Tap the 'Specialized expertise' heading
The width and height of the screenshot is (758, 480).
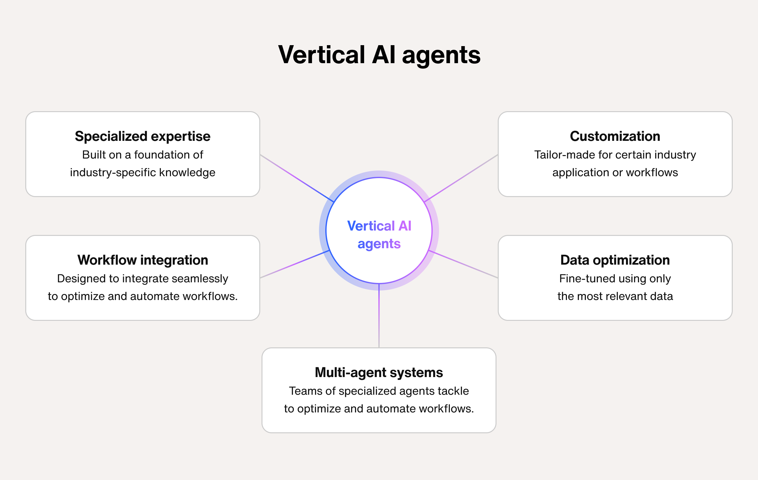(x=142, y=136)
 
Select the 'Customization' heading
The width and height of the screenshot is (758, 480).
(x=615, y=136)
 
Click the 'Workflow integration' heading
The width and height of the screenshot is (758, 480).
(x=142, y=260)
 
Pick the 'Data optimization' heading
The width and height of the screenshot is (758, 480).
(x=615, y=260)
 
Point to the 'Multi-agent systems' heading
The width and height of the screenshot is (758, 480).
(x=379, y=373)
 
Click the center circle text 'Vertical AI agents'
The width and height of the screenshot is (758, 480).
(x=379, y=235)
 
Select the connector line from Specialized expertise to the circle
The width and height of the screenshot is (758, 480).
(x=297, y=178)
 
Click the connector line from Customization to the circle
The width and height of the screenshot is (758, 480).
(x=461, y=178)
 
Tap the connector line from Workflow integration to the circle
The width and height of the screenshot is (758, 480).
(x=294, y=265)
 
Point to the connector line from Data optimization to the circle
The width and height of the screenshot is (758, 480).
(x=464, y=265)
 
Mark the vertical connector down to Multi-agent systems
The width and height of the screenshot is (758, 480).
(x=379, y=316)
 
